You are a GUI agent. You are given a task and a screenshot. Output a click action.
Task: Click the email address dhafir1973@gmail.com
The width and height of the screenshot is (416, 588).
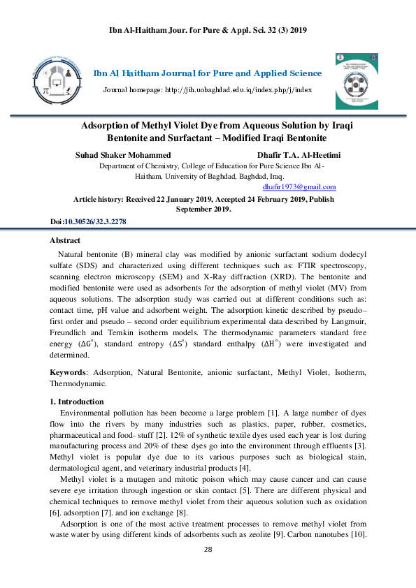point(299,187)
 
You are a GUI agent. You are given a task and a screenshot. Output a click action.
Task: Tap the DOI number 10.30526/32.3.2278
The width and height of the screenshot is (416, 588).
point(95,221)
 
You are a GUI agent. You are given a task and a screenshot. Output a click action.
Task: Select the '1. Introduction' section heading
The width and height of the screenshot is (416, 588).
point(76,402)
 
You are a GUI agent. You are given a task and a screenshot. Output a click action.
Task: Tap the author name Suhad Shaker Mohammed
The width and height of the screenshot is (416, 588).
point(122,155)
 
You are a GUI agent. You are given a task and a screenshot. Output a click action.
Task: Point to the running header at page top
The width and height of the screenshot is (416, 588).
point(208,30)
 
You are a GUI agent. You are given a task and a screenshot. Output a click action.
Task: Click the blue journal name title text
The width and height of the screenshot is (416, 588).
point(208,73)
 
